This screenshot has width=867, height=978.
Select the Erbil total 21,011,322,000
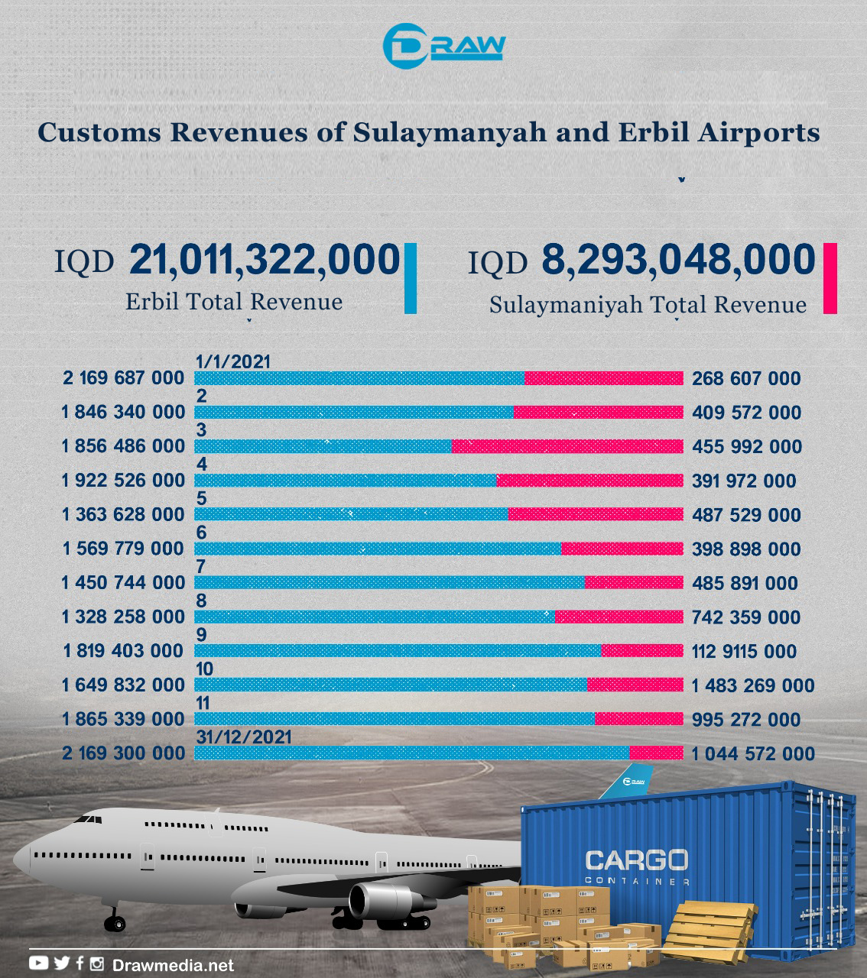click(x=265, y=260)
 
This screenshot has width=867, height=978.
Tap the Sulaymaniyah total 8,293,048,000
click(x=678, y=260)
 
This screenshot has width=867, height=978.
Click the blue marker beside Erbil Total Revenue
click(x=410, y=278)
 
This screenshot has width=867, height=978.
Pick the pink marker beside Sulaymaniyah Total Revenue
click(x=830, y=278)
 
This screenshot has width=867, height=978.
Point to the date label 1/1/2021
click(x=233, y=361)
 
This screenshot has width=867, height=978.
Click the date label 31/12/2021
click(x=244, y=737)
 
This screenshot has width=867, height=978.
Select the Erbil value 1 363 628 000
click(x=124, y=514)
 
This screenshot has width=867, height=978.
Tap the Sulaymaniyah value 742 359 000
click(x=746, y=617)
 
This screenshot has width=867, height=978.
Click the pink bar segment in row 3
click(x=567, y=446)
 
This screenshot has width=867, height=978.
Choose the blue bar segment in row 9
click(x=398, y=651)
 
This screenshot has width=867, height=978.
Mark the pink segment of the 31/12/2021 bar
click(x=656, y=753)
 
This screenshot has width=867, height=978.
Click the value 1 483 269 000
click(x=753, y=685)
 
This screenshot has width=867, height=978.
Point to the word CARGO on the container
click(x=636, y=860)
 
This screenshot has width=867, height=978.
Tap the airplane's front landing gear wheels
click(x=115, y=924)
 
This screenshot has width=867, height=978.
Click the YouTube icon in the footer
click(x=38, y=963)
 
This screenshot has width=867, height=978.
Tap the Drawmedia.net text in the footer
click(x=173, y=965)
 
